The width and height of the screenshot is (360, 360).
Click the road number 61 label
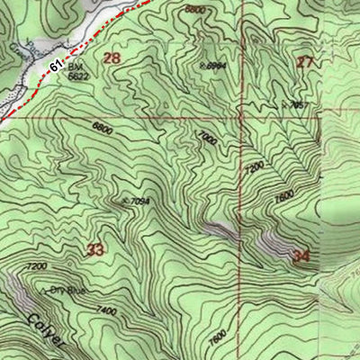[58, 67]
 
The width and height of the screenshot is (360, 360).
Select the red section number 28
[112, 58]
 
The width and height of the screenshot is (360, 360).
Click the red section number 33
[95, 249]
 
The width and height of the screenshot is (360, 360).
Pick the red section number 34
[301, 256]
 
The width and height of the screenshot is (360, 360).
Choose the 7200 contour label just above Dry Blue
[37, 267]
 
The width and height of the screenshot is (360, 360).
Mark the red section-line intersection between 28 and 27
[241, 116]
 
